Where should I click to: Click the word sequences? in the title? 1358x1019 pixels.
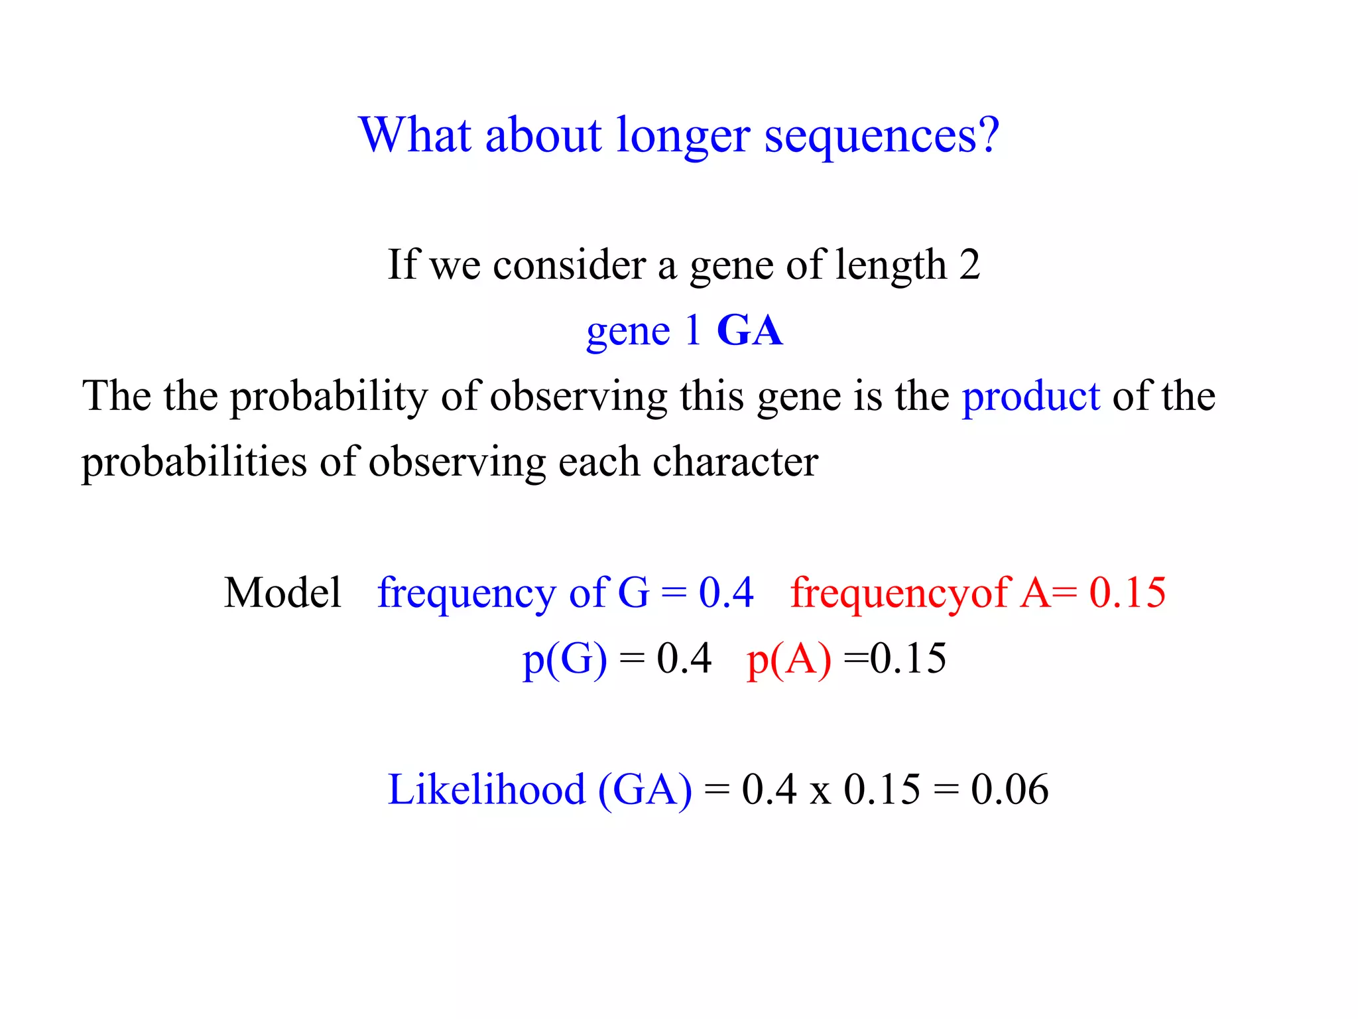point(881,136)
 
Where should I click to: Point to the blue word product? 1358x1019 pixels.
point(1030,396)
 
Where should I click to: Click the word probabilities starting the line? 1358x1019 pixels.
point(194,462)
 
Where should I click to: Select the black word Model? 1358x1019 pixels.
point(282,592)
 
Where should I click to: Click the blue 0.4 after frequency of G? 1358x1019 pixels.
point(725,592)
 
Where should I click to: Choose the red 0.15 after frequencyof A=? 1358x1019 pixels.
point(1127,592)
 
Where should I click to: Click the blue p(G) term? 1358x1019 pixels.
point(564,659)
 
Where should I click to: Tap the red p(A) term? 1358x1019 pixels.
point(788,659)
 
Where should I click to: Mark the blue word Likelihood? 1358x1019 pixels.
point(486,789)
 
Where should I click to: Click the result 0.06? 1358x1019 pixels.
point(1009,789)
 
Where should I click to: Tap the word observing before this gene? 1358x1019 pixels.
point(578,397)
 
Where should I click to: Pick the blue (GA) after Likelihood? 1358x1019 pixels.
point(645,789)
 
